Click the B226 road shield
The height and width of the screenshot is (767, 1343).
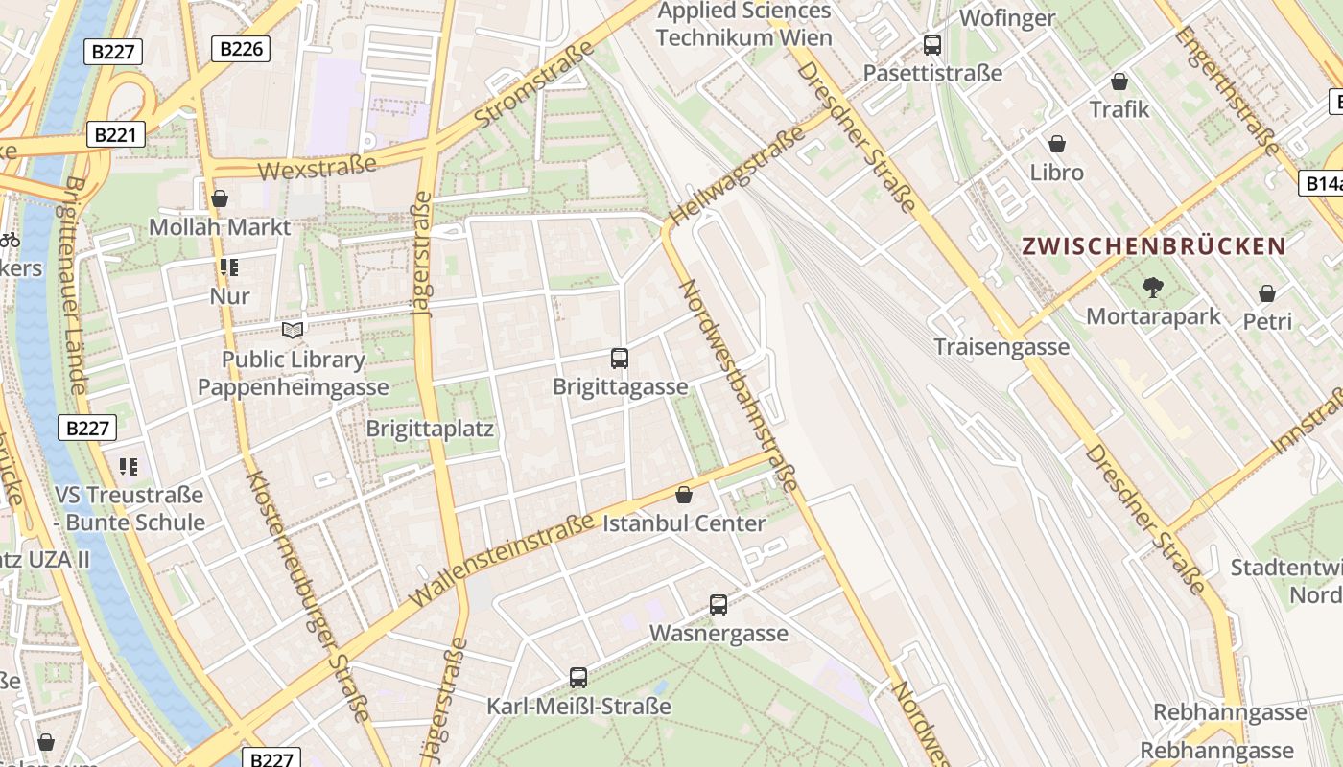coord(240,49)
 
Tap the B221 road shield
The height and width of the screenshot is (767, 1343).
coord(115,135)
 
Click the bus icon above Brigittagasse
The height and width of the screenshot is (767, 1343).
coord(620,359)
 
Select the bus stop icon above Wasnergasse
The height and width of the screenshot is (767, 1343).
coord(719,605)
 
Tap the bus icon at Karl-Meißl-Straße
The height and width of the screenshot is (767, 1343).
coord(578,678)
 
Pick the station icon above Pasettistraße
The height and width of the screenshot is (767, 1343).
coord(932,45)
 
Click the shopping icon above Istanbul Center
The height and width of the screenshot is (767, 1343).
coord(684,495)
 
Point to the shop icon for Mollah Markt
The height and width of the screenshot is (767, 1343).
coord(220,198)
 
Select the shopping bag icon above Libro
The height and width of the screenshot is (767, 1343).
coord(1057,144)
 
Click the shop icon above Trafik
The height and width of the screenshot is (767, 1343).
coord(1119,81)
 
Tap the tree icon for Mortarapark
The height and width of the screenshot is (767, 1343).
coord(1152,287)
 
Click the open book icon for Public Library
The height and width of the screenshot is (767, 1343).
coord(293,331)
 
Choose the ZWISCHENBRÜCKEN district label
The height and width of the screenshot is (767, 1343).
coord(1153,246)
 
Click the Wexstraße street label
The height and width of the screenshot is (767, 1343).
coord(318,168)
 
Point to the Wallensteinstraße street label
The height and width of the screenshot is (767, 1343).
coord(501,560)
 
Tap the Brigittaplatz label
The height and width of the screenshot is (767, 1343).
coord(430,429)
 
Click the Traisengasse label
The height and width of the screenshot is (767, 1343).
coord(1001,347)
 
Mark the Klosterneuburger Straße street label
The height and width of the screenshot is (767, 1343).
coord(307,594)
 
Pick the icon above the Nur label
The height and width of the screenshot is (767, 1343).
coord(228,267)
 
